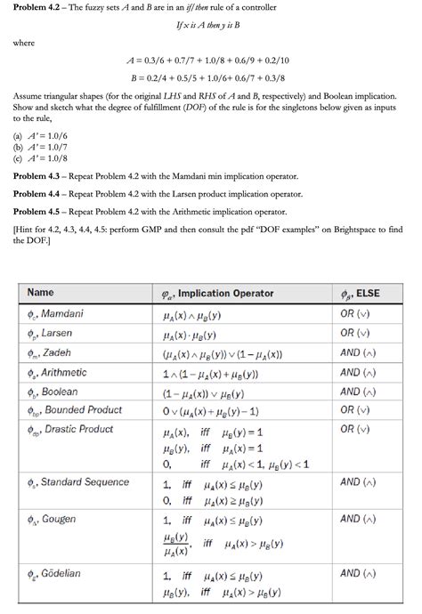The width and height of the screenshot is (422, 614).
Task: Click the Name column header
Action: pyautogui.click(x=41, y=293)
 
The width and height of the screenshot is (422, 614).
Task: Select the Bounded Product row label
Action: pyautogui.click(x=74, y=410)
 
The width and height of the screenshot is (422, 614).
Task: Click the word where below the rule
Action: pyautogui.click(x=23, y=41)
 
